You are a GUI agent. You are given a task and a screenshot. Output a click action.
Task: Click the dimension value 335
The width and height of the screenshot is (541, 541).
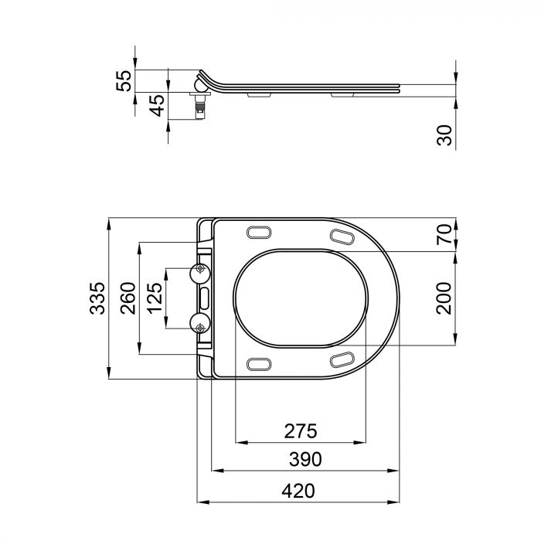[x=97, y=298]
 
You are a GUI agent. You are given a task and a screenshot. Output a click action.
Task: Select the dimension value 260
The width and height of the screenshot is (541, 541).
[x=128, y=298]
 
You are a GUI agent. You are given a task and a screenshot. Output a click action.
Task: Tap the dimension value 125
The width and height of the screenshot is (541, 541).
[x=155, y=298]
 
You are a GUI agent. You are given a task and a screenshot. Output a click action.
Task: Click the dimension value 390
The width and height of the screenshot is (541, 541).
[x=306, y=459]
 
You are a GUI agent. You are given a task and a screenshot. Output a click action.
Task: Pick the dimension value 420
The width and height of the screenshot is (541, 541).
[x=299, y=489]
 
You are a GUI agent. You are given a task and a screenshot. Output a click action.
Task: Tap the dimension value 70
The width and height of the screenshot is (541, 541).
[x=444, y=235]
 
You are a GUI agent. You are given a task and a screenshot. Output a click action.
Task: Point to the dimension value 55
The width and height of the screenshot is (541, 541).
[x=124, y=80]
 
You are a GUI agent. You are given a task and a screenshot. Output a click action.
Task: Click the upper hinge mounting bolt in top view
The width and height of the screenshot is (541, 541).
[x=200, y=270]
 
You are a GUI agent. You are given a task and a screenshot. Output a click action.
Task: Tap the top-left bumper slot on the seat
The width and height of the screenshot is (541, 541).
[x=258, y=233]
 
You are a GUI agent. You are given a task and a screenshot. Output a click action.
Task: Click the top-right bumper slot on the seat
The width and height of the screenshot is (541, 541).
[x=342, y=236]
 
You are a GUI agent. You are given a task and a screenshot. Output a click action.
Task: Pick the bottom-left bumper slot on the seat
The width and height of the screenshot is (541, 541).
[x=258, y=364]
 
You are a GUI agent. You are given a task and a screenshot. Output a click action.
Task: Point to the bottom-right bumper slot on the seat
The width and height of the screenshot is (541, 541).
[x=342, y=359]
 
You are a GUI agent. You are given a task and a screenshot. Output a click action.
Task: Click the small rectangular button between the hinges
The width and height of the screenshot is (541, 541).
[x=205, y=298]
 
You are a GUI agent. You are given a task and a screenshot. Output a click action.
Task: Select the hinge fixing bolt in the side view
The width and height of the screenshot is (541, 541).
[x=200, y=104]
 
